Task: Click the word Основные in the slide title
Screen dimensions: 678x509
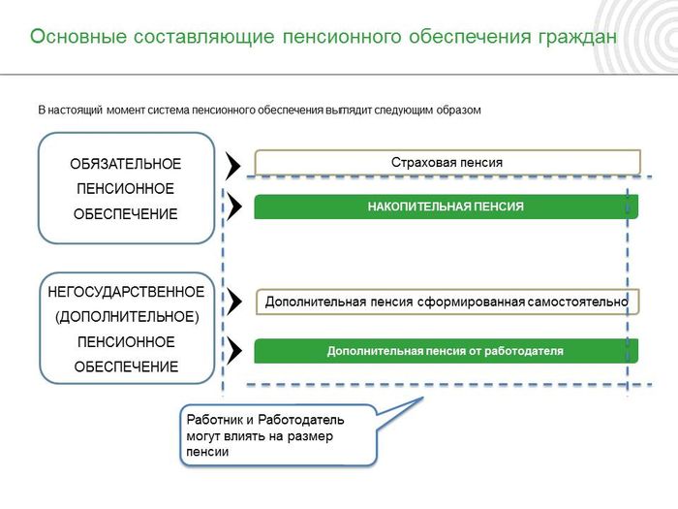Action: [78, 36]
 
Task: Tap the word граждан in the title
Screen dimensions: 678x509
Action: [577, 38]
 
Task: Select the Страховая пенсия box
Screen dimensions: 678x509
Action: [447, 162]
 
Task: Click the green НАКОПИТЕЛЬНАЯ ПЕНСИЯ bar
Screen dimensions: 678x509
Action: [446, 207]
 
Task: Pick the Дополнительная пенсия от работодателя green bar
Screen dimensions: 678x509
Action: [446, 351]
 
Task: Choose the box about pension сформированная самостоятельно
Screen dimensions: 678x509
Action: [447, 302]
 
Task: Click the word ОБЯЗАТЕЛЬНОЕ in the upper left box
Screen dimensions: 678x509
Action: [125, 164]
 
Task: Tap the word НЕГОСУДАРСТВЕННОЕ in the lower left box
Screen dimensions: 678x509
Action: [126, 292]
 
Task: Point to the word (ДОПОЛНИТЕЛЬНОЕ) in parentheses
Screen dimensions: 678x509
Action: [127, 317]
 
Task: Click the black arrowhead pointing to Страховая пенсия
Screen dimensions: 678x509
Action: [232, 166]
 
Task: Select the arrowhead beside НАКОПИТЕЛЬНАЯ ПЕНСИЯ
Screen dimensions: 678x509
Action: [233, 207]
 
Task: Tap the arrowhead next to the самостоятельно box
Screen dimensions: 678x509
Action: [233, 302]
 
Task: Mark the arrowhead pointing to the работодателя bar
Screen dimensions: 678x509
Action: [233, 351]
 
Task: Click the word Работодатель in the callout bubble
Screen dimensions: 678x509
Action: [301, 420]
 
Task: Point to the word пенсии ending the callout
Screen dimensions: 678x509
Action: [207, 452]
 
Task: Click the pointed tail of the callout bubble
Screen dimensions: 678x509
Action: [422, 398]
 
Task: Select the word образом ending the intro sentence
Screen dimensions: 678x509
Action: [458, 111]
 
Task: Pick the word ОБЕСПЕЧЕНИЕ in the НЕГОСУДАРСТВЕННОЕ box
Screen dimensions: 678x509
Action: [126, 367]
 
